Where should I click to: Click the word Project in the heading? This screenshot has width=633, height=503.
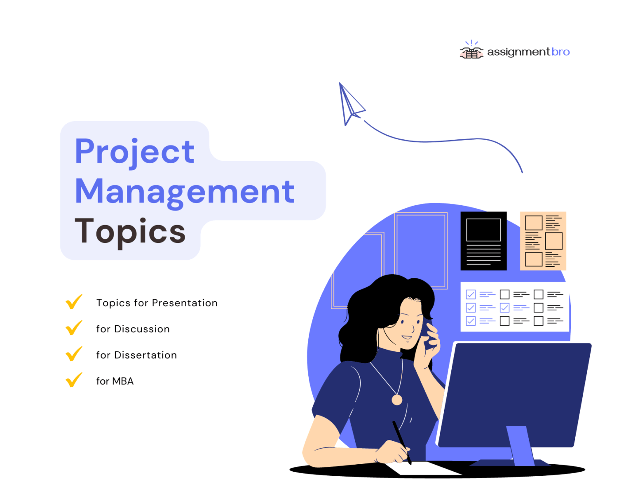(134, 151)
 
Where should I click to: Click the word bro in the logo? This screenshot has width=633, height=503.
(560, 52)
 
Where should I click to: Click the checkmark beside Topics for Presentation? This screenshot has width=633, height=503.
(74, 302)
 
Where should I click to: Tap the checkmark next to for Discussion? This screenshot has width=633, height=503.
(74, 328)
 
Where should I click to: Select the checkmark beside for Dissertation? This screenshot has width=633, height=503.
(74, 354)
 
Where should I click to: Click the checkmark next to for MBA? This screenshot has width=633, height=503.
(74, 380)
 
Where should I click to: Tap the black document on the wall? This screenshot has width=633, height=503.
(483, 241)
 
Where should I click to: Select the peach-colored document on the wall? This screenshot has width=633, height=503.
(543, 241)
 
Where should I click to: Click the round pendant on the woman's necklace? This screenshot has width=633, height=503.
(397, 400)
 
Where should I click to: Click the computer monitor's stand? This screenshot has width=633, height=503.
(520, 445)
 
